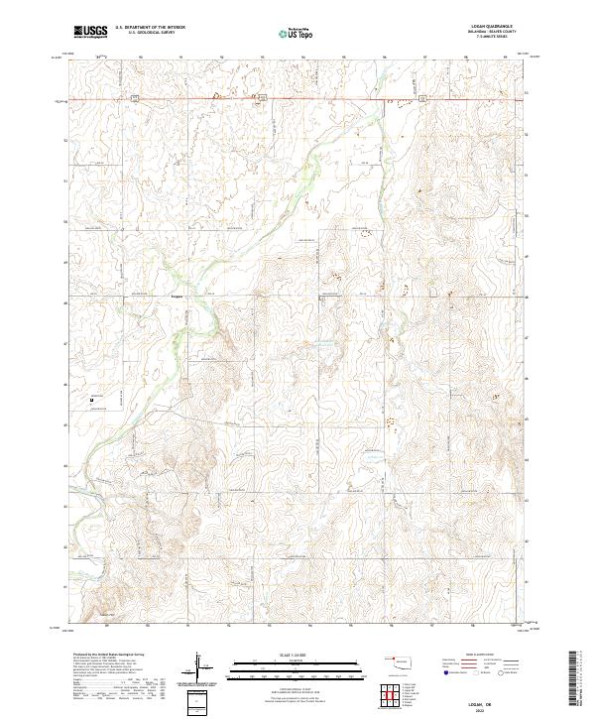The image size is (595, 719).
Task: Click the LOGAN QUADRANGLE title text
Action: click(487, 26)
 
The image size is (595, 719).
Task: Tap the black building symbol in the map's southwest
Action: click(92, 400)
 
